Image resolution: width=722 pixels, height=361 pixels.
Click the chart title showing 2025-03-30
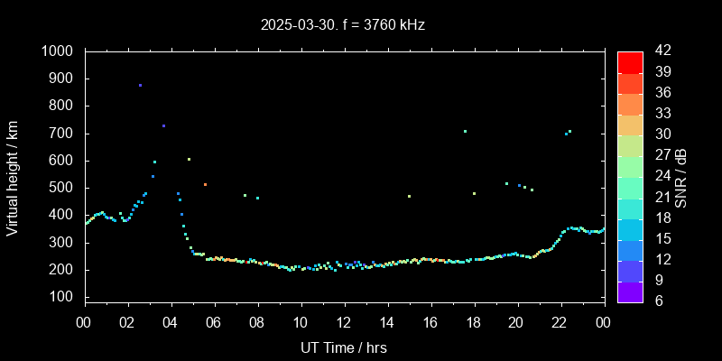pyautogui.click(x=342, y=24)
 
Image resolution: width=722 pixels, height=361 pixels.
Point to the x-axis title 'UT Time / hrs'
pyautogui.click(x=344, y=347)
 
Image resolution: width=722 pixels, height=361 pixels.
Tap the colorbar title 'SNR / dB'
pyautogui.click(x=681, y=176)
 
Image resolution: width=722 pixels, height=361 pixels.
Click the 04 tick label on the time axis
pyautogui.click(x=171, y=322)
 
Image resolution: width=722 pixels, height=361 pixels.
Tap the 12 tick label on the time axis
pyautogui.click(x=344, y=322)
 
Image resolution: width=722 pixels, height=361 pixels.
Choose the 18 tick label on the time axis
pyautogui.click(x=474, y=322)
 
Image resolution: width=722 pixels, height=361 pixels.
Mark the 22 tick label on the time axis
pyautogui.click(x=560, y=322)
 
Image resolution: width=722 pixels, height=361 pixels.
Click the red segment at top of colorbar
pyautogui.click(x=630, y=61)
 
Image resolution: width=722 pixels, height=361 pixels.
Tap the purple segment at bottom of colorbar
pyautogui.click(x=630, y=291)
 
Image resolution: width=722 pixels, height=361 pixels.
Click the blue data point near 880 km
pyautogui.click(x=140, y=85)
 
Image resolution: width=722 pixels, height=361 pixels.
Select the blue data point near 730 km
pyautogui.click(x=163, y=125)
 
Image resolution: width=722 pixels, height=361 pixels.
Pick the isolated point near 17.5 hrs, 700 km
pyautogui.click(x=465, y=132)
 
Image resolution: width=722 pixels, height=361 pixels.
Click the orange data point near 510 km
pyautogui.click(x=205, y=184)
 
